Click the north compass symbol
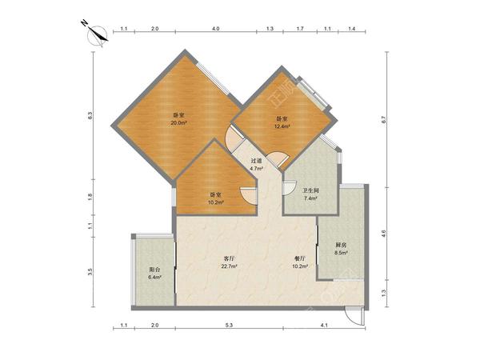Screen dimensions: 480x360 [97, 34]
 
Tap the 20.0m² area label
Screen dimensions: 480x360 [178, 122]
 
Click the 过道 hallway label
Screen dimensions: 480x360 [257, 161]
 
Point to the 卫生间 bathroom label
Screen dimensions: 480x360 [311, 190]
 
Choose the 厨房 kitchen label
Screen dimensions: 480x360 [341, 246]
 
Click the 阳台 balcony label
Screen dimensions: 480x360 [155, 270]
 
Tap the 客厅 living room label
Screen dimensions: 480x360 [230, 258]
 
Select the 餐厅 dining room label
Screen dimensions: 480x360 [300, 258]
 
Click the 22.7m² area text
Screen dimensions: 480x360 [230, 266]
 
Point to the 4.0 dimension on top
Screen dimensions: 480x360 [216, 29]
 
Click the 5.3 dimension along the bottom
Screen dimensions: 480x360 [230, 326]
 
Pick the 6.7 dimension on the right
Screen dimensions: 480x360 [384, 119]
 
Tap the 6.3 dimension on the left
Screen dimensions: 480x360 [90, 116]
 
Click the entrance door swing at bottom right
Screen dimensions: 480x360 [355, 315]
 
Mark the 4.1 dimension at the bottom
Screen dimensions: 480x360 [324, 326]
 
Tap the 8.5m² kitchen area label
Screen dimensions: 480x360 [341, 253]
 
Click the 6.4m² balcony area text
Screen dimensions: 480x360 [155, 278]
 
